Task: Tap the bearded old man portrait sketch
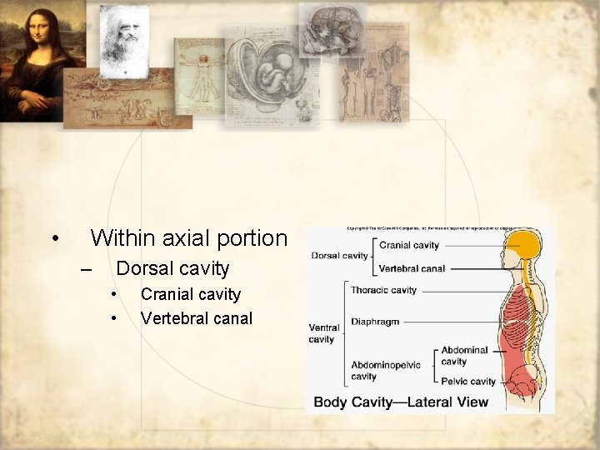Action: [x=122, y=40]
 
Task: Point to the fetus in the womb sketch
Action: [x=272, y=75]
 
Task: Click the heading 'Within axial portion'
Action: [x=188, y=238]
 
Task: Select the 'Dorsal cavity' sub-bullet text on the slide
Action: [x=172, y=268]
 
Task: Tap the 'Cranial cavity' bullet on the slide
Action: [x=190, y=294]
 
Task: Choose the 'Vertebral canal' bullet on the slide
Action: [x=196, y=318]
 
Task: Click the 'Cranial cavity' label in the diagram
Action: [x=408, y=246]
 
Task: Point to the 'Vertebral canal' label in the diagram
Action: [x=412, y=269]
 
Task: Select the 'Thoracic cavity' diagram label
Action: [x=383, y=291]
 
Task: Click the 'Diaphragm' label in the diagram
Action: [x=375, y=322]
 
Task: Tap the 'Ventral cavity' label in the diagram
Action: [x=322, y=333]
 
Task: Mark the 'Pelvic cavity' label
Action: [x=468, y=382]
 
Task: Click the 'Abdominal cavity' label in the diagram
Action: [x=465, y=356]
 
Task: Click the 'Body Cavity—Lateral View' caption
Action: [x=401, y=402]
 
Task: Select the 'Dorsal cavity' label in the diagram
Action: [x=339, y=256]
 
